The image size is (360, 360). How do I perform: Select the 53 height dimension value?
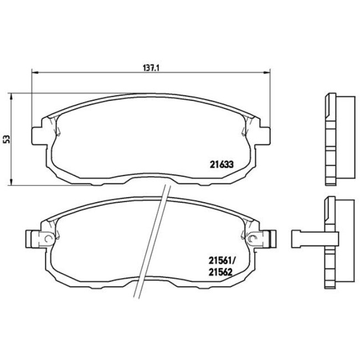(x=7, y=138)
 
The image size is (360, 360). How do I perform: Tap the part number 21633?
(x=220, y=163)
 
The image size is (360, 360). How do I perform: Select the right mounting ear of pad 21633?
(x=264, y=135)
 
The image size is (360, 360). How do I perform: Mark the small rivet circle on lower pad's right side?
(x=253, y=239)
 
